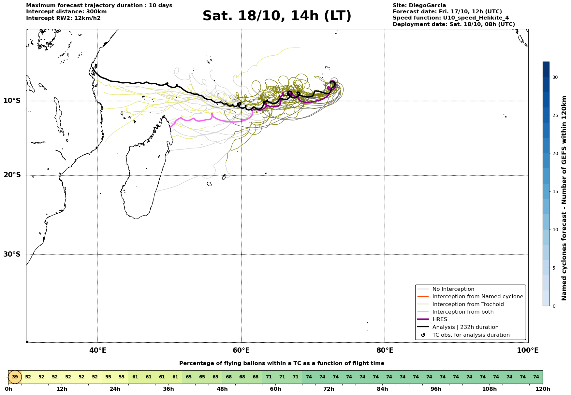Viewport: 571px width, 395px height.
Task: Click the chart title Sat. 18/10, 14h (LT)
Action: click(x=277, y=16)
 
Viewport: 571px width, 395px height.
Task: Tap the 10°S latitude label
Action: click(x=12, y=101)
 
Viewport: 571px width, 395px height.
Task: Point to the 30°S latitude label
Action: click(x=12, y=254)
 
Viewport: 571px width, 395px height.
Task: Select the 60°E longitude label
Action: click(x=241, y=350)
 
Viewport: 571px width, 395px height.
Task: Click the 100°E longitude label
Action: click(x=528, y=350)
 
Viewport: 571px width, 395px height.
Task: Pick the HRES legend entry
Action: click(x=440, y=319)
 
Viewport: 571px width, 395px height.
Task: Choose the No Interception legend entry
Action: click(x=453, y=289)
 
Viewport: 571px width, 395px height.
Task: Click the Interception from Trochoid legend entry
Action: click(x=468, y=304)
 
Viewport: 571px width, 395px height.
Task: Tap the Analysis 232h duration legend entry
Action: click(x=465, y=327)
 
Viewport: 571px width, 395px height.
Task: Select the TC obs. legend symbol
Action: click(x=423, y=335)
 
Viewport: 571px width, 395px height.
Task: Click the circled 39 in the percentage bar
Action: click(x=15, y=377)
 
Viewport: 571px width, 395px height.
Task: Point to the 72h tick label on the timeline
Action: click(x=329, y=389)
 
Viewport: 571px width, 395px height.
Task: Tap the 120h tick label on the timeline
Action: click(x=543, y=389)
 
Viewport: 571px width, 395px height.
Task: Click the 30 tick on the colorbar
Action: click(x=555, y=77)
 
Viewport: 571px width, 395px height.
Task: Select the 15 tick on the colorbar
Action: click(x=555, y=191)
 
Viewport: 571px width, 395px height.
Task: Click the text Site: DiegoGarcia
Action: click(x=419, y=6)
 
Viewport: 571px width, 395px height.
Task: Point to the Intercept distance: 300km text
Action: click(x=66, y=12)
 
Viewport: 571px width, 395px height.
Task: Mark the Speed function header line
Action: click(x=450, y=18)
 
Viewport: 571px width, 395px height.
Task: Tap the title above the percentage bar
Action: click(x=282, y=363)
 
